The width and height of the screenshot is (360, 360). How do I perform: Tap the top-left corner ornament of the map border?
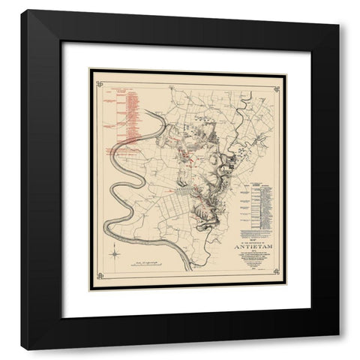click(96, 77)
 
